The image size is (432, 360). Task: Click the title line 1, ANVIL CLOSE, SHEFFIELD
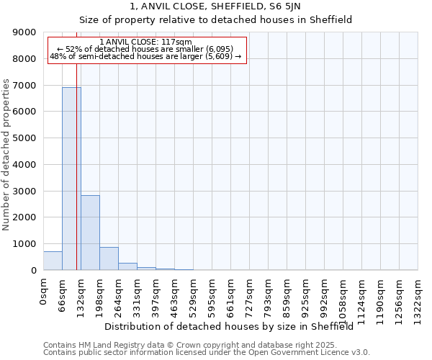[215, 6]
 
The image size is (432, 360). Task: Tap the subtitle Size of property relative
[215, 20]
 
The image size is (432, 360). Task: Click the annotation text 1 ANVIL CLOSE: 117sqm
[146, 42]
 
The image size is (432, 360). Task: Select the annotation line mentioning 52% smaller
[146, 49]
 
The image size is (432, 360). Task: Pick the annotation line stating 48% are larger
[146, 56]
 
